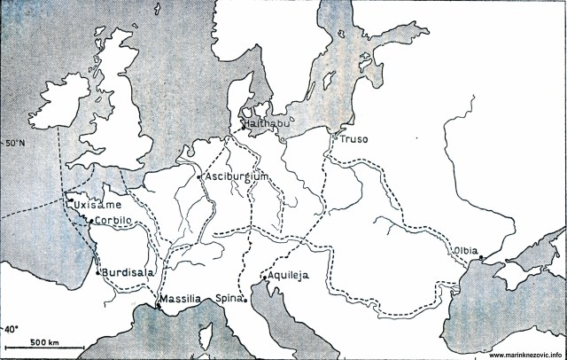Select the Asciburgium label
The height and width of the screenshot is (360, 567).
coord(236,176)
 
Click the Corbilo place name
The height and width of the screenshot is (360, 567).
coord(113,220)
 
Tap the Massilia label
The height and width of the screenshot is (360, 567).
coord(182,300)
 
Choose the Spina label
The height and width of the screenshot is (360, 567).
coord(228,300)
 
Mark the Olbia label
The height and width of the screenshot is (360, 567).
coord(467,251)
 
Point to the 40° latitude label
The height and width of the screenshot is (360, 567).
coord(12,328)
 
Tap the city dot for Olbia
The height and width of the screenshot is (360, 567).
coord(480,258)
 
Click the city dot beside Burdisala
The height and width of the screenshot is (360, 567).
coord(97,273)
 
